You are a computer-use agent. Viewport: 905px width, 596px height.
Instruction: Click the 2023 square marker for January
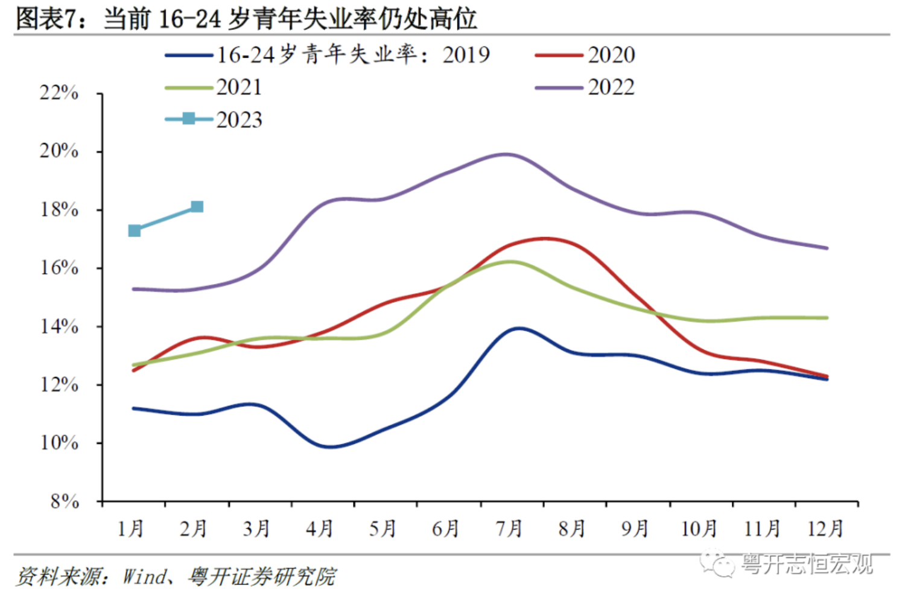135,230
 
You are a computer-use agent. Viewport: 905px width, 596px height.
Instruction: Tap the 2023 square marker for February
197,207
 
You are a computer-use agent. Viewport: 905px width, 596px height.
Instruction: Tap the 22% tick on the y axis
59,93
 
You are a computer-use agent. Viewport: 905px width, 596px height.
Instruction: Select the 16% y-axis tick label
59,268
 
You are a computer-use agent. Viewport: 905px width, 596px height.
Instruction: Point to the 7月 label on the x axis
509,529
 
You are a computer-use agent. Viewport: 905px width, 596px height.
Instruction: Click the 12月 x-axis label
825,529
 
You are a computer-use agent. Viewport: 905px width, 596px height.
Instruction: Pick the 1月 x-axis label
130,529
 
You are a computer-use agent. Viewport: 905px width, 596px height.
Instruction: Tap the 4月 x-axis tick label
320,529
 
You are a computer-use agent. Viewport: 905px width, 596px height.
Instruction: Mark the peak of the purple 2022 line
507,154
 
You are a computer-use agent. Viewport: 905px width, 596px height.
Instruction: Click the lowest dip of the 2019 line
330,447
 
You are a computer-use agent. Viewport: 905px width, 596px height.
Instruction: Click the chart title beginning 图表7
246,18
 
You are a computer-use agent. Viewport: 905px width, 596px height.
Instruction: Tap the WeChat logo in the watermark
717,563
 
